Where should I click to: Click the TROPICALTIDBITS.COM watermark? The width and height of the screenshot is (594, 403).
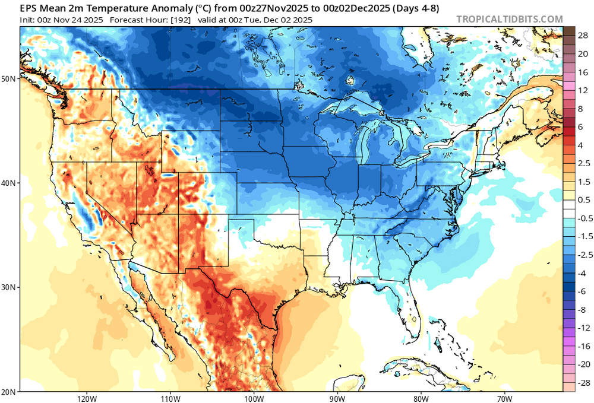509,19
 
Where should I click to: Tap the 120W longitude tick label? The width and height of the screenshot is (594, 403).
87,398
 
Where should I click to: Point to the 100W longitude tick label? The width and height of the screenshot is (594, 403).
254,398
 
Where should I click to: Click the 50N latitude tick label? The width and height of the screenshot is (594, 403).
10,79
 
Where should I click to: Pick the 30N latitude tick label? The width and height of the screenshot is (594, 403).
10,287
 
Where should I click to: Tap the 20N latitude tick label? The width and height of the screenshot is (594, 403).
10,392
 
